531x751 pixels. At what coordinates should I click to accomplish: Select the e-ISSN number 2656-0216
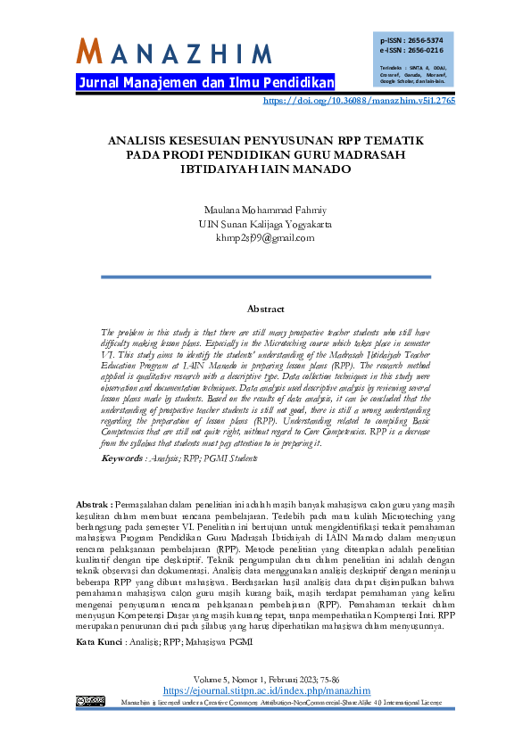click(x=426, y=51)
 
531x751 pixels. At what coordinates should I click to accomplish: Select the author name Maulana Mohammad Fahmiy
click(x=265, y=210)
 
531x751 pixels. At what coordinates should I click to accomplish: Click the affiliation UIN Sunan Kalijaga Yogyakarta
click(x=265, y=224)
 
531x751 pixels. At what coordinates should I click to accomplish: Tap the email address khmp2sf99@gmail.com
click(x=265, y=238)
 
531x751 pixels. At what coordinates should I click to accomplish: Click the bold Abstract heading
click(x=265, y=309)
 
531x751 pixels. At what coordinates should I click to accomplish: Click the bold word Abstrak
click(x=94, y=504)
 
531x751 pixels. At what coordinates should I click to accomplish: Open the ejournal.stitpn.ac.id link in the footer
click(x=265, y=691)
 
